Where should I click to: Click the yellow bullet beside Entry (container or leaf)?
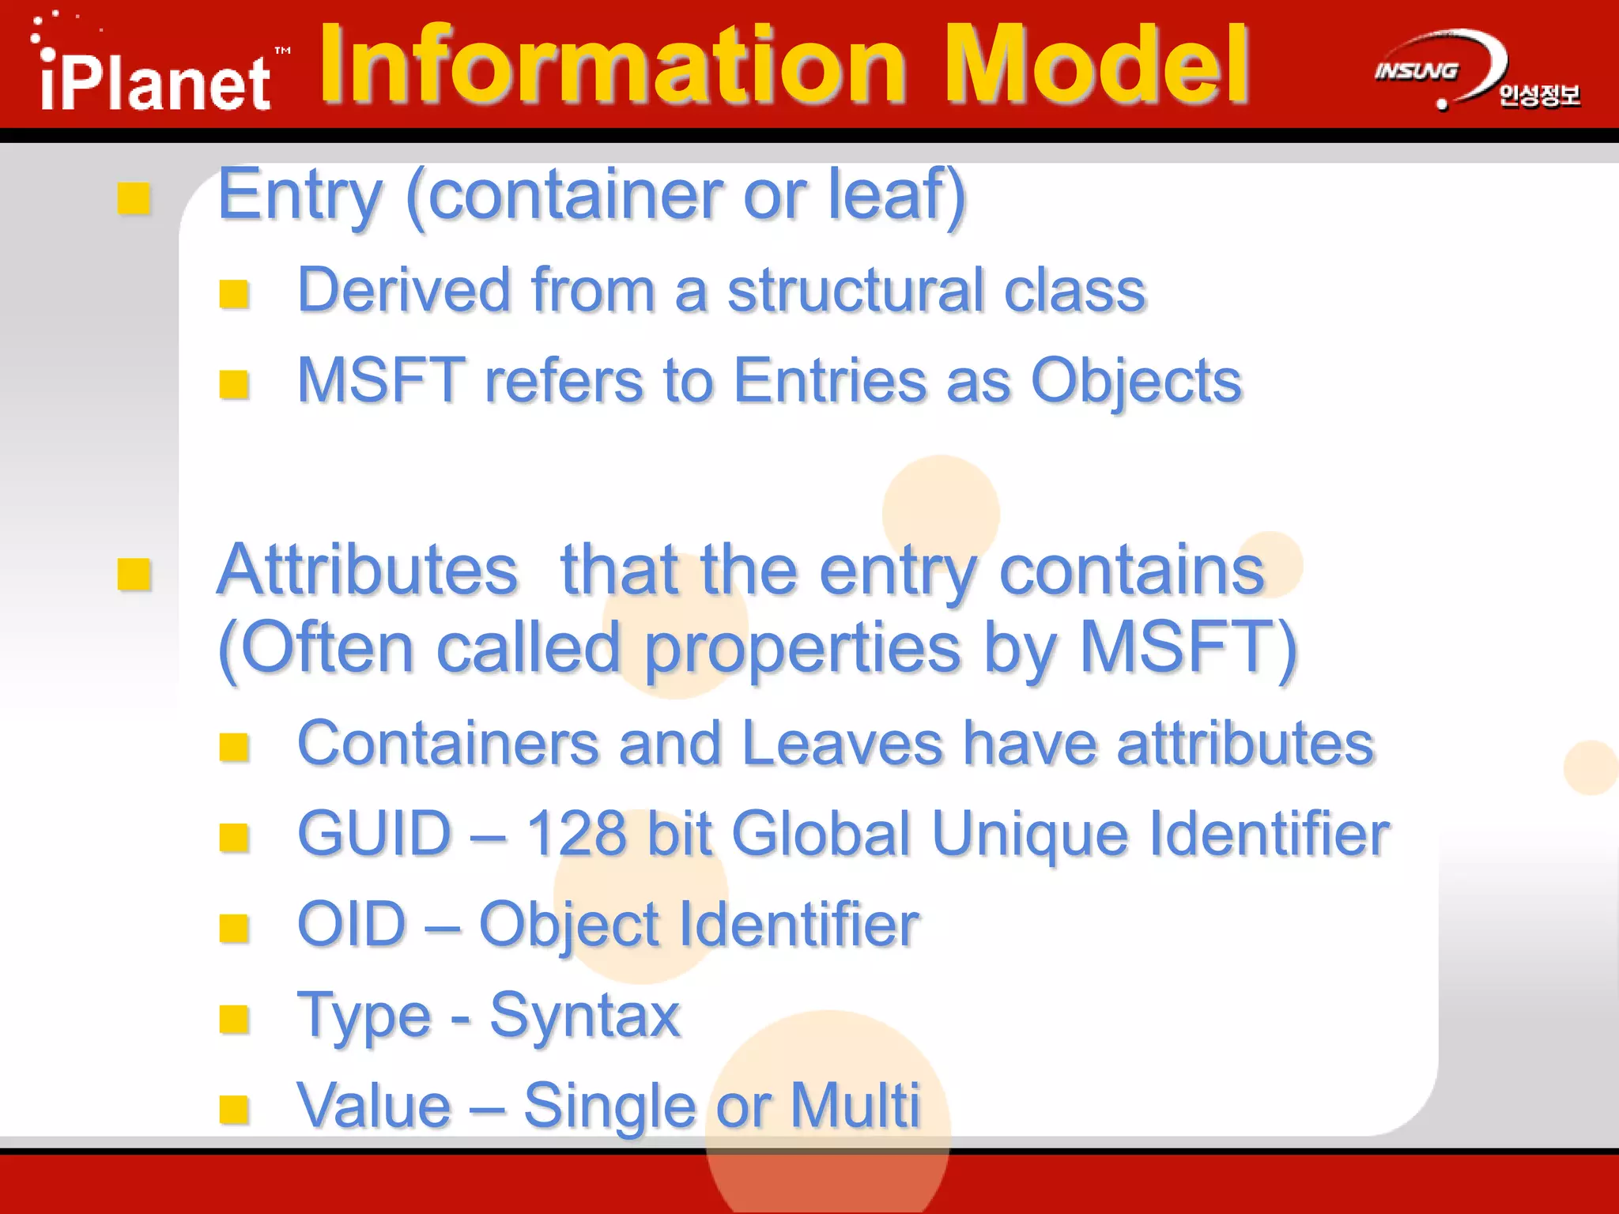click(134, 198)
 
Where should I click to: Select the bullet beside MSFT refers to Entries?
click(235, 385)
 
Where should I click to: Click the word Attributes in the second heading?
click(368, 570)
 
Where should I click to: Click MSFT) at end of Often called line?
click(1187, 648)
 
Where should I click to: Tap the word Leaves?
click(843, 745)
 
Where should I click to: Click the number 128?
click(576, 835)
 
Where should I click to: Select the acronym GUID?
click(374, 835)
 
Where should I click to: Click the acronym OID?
click(352, 925)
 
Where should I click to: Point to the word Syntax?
click(585, 1016)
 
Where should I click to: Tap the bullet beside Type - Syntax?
click(235, 1020)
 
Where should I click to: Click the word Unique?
click(1029, 836)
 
